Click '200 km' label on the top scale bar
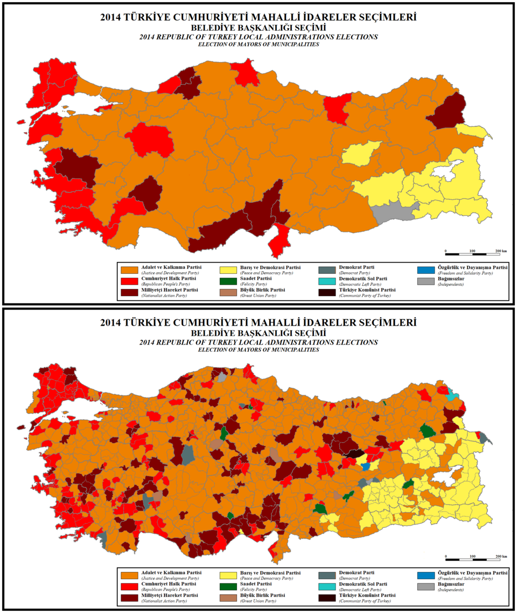click(501, 252)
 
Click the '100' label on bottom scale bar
click(472, 556)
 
